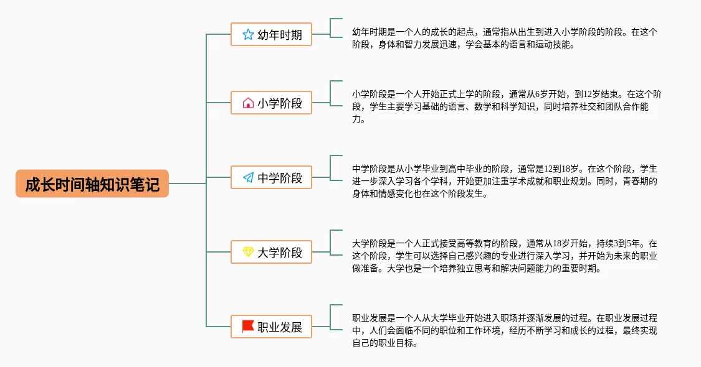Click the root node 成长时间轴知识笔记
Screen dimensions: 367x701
pos(92,184)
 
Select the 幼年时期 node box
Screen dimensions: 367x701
pos(271,34)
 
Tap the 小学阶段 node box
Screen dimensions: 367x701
pos(271,103)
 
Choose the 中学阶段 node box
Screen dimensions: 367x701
pos(271,178)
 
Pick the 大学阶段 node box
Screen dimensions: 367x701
pos(271,252)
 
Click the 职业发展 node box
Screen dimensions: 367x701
pos(271,327)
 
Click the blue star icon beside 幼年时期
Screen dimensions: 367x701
pos(248,34)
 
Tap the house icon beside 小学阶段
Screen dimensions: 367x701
pos(248,103)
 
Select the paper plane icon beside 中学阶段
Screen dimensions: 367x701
pos(248,178)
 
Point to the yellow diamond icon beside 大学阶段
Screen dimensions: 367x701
pos(248,252)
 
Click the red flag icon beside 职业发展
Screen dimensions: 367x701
pos(248,326)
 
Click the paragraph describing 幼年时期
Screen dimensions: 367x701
pos(505,38)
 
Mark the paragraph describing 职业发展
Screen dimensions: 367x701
pos(505,330)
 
